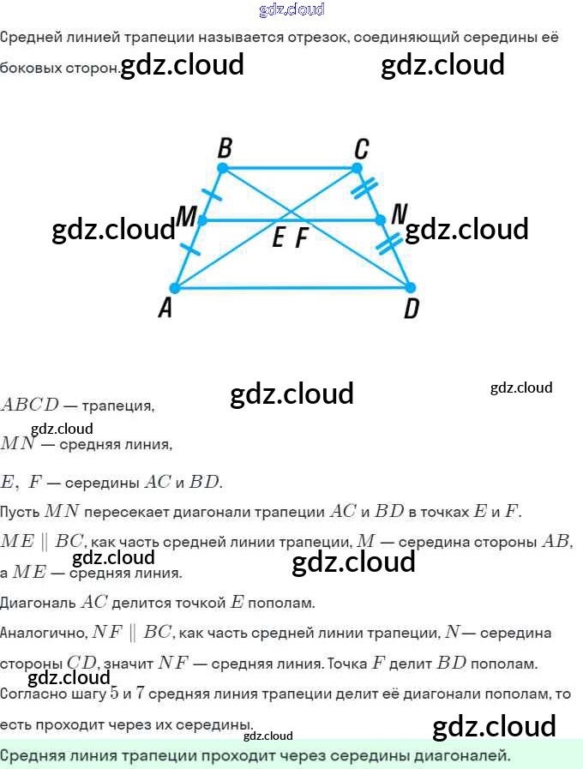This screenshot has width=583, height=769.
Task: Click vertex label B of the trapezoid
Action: coord(225,148)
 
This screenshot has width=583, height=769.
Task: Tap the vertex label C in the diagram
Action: coord(361,149)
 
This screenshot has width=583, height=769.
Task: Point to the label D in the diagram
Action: coord(411,309)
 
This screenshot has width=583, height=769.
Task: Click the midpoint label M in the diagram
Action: coord(187,217)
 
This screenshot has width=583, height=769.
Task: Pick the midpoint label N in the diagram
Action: coord(399,213)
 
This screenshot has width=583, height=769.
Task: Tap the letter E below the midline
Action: coord(279,239)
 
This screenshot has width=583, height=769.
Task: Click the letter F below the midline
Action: coord(301,239)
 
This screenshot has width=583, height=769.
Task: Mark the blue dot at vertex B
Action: coord(223,168)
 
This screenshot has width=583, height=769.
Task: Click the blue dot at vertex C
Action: coord(353,169)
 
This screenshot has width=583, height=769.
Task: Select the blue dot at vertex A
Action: coord(174,288)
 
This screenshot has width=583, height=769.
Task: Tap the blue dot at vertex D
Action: coord(409,287)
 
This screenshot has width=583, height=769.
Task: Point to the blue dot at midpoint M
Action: coord(202,220)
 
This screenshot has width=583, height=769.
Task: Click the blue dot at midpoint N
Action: coord(382,220)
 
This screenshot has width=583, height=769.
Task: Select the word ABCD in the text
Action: coord(29,405)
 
